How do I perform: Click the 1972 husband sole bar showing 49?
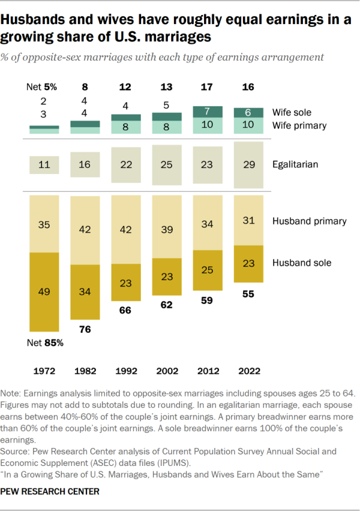44,292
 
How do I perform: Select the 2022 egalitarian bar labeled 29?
248,164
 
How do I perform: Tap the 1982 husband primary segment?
86,229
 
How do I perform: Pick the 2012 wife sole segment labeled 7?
207,112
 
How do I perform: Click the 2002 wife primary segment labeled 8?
167,127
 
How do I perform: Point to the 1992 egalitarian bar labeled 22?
127,164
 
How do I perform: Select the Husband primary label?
310,221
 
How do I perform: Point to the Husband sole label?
301,262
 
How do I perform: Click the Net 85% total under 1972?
44,344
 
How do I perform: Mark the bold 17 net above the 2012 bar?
207,86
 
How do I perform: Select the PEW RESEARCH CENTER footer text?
50,491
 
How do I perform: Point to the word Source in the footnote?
17,450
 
